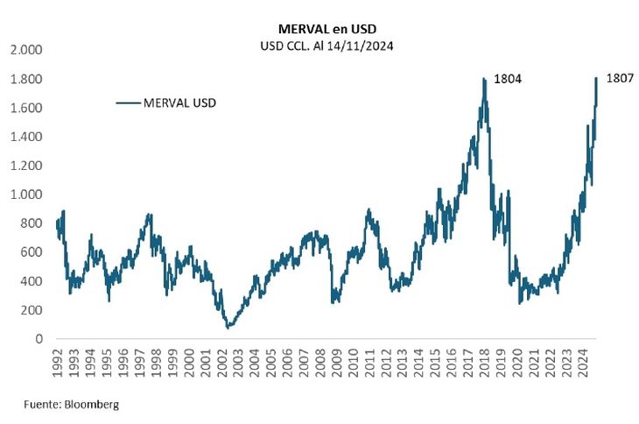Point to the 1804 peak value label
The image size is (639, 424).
point(509,79)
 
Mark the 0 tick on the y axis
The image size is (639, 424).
point(38,339)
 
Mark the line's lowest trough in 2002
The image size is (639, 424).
point(229,328)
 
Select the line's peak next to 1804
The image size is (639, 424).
point(484,79)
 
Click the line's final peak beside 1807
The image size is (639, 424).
point(596,78)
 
